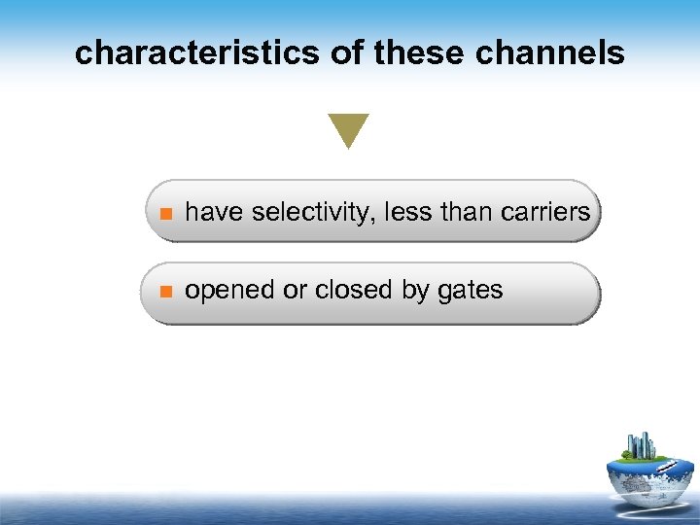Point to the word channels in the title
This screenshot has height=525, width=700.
pos(550,53)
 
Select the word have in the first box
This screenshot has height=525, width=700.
pos(214,211)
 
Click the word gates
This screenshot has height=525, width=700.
pos(471,291)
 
